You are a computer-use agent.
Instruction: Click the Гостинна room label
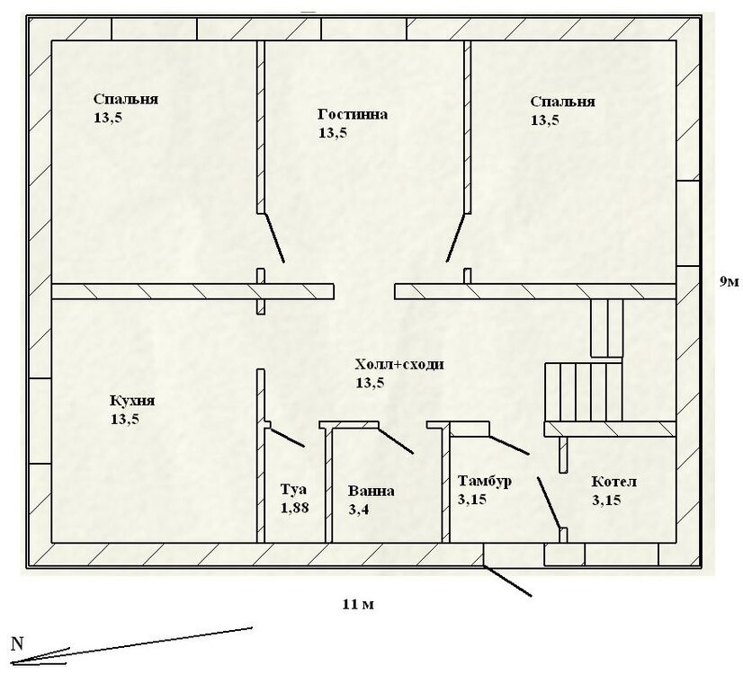(x=353, y=114)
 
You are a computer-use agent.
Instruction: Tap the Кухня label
(x=132, y=401)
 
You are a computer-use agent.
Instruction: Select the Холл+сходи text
(x=399, y=365)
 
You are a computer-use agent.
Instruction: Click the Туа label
(x=293, y=490)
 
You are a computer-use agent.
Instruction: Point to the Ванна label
(x=371, y=491)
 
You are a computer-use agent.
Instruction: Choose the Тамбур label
(x=485, y=482)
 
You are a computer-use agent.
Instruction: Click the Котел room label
(x=614, y=482)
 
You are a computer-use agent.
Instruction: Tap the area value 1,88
(x=295, y=508)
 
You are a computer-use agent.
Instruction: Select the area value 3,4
(x=359, y=510)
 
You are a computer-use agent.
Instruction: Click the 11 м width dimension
(x=358, y=605)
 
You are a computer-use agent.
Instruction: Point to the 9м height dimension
(x=730, y=282)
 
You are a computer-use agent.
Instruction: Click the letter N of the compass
(x=17, y=643)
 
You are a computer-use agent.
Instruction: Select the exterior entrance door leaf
(x=507, y=581)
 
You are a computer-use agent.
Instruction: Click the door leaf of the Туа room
(x=287, y=438)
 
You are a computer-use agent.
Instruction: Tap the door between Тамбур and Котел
(x=549, y=502)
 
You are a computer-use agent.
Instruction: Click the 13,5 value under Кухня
(x=125, y=420)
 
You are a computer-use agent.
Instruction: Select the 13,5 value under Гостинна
(x=333, y=133)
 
